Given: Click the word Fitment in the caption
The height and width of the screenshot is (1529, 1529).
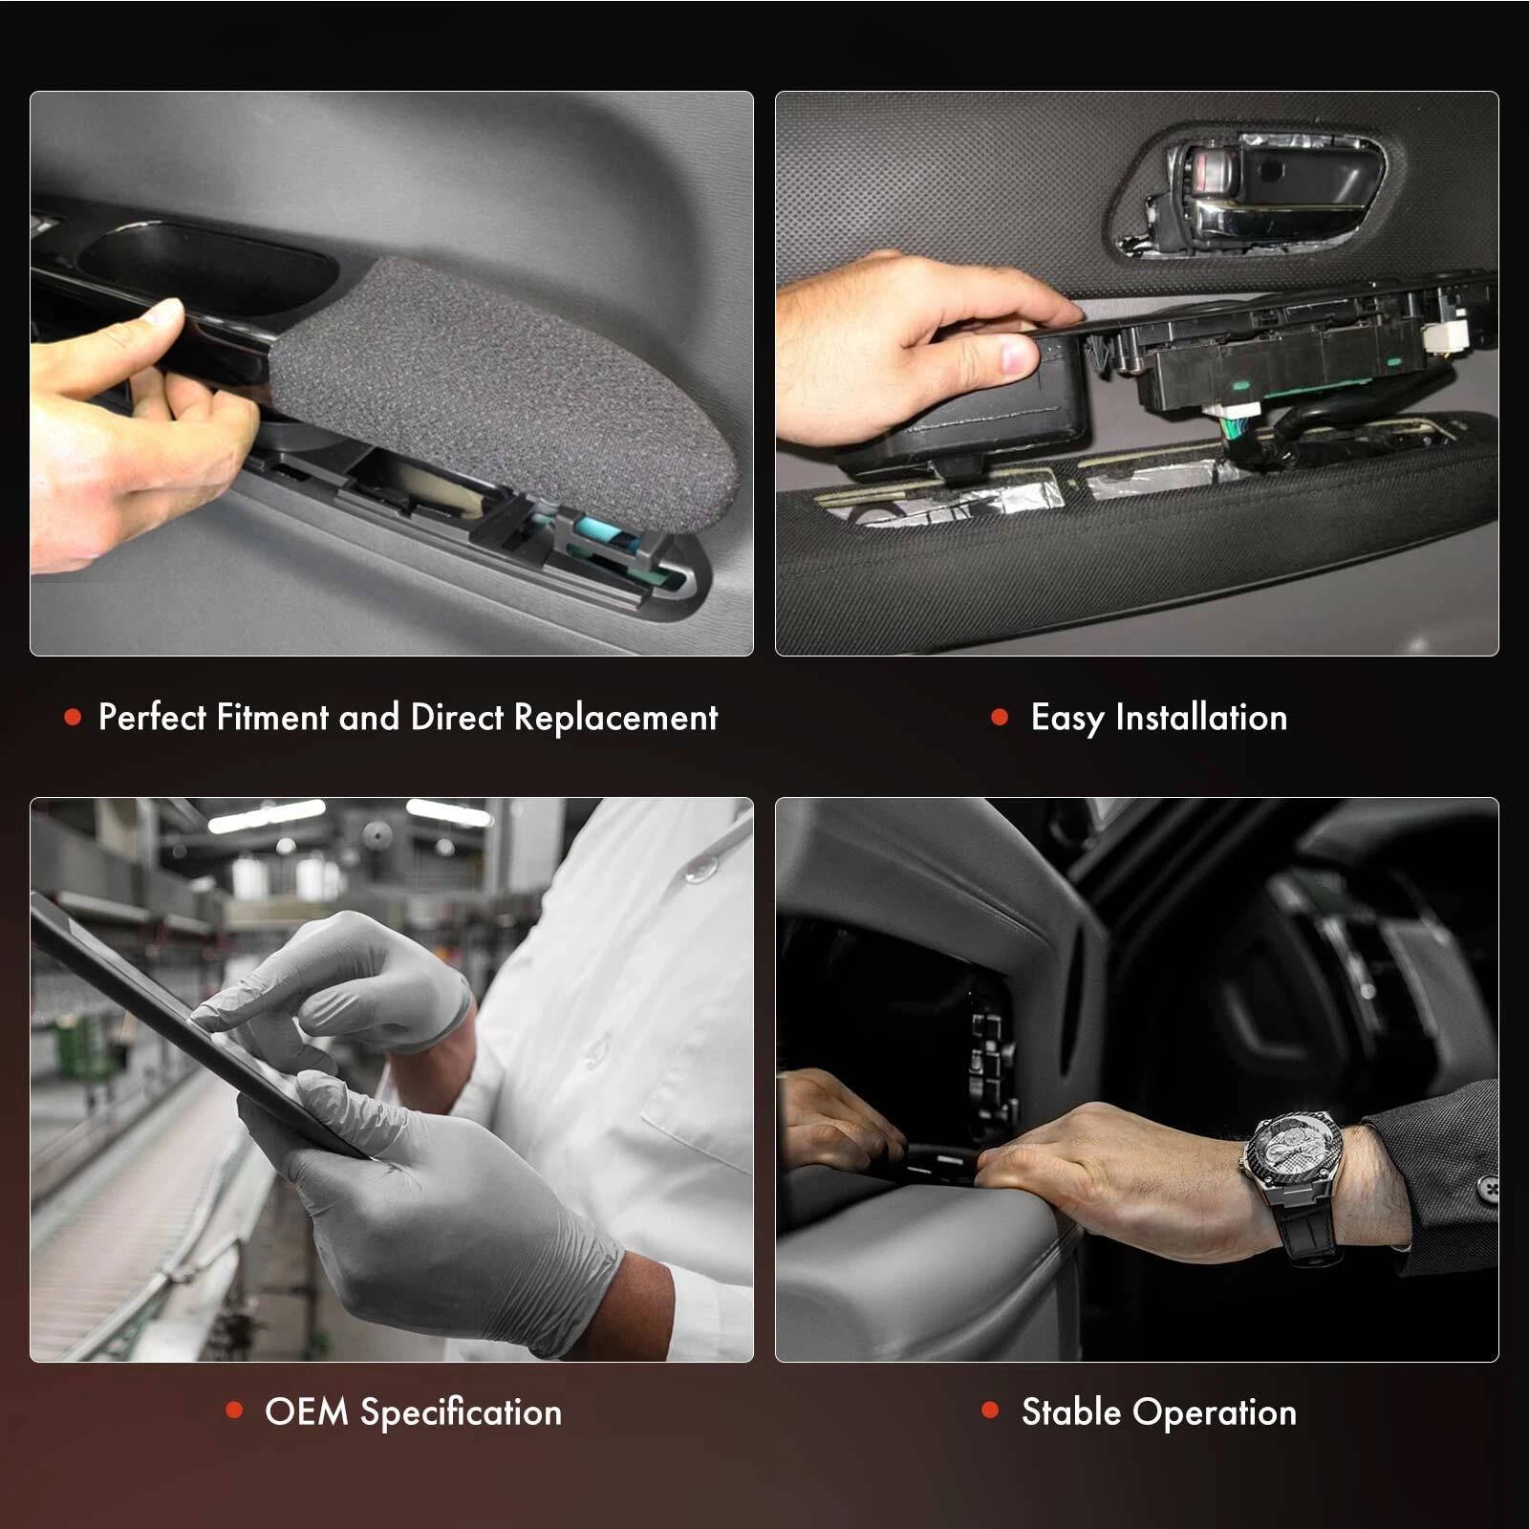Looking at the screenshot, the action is pyautogui.click(x=271, y=718).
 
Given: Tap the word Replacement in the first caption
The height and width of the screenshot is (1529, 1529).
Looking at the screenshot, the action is pyautogui.click(x=615, y=718).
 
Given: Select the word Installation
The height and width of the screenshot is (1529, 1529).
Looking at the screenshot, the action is pyautogui.click(x=1201, y=718).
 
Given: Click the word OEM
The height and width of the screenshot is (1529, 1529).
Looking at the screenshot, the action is pyautogui.click(x=306, y=1411).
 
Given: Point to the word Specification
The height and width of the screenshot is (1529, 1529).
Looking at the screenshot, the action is pyautogui.click(x=461, y=1412).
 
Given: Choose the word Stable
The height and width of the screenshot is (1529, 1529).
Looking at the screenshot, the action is pyautogui.click(x=1071, y=1411).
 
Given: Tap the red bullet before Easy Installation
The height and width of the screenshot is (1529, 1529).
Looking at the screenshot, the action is pyautogui.click(x=1000, y=717).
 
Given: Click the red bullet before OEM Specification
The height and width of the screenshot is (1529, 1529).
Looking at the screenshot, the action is pyautogui.click(x=234, y=1410).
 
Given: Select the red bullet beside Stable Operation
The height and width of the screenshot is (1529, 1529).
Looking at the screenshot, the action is pyautogui.click(x=990, y=1410).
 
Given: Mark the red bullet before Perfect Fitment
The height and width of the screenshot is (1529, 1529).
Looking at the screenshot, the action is pyautogui.click(x=73, y=717).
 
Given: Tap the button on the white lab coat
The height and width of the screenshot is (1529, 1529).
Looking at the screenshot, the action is pyautogui.click(x=701, y=866).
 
